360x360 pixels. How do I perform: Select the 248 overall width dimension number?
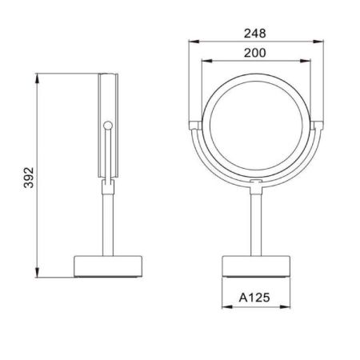click(x=256, y=34)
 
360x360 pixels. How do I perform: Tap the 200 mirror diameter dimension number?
click(x=256, y=54)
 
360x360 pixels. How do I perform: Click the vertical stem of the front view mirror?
click(x=256, y=224)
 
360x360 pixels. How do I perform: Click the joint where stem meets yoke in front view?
click(x=256, y=186)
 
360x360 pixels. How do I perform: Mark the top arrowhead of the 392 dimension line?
click(x=38, y=76)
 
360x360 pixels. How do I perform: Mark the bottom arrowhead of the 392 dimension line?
click(x=38, y=275)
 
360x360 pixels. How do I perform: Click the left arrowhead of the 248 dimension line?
click(x=190, y=42)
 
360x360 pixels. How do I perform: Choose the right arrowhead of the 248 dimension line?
click(x=322, y=42)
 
